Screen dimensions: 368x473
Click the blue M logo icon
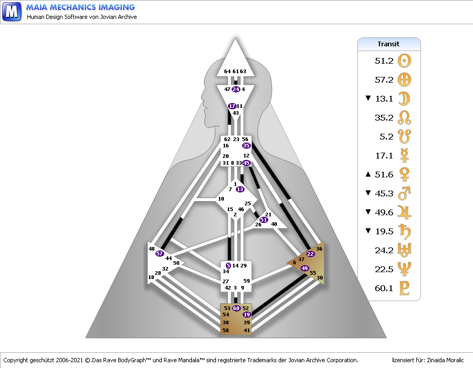click(12, 12)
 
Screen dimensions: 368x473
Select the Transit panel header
click(389, 44)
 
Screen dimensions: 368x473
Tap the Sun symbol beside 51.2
click(405, 61)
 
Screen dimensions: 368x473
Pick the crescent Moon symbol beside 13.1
click(405, 98)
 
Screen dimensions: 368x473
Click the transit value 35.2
click(384, 117)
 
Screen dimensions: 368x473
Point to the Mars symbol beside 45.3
click(405, 194)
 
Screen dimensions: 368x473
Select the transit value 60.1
click(384, 289)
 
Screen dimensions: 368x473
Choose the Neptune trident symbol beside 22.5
click(405, 270)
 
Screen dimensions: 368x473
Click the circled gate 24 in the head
click(235, 89)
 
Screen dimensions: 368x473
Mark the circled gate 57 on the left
click(160, 253)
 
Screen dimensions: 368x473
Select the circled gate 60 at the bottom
click(236, 308)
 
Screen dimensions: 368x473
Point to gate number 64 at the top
click(227, 72)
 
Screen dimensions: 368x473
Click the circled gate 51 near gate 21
click(263, 220)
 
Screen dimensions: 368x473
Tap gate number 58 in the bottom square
click(225, 330)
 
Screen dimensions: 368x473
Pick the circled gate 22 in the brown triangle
click(310, 254)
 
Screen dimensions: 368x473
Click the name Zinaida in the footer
click(434, 360)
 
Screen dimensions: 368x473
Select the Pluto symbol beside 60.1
click(405, 289)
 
